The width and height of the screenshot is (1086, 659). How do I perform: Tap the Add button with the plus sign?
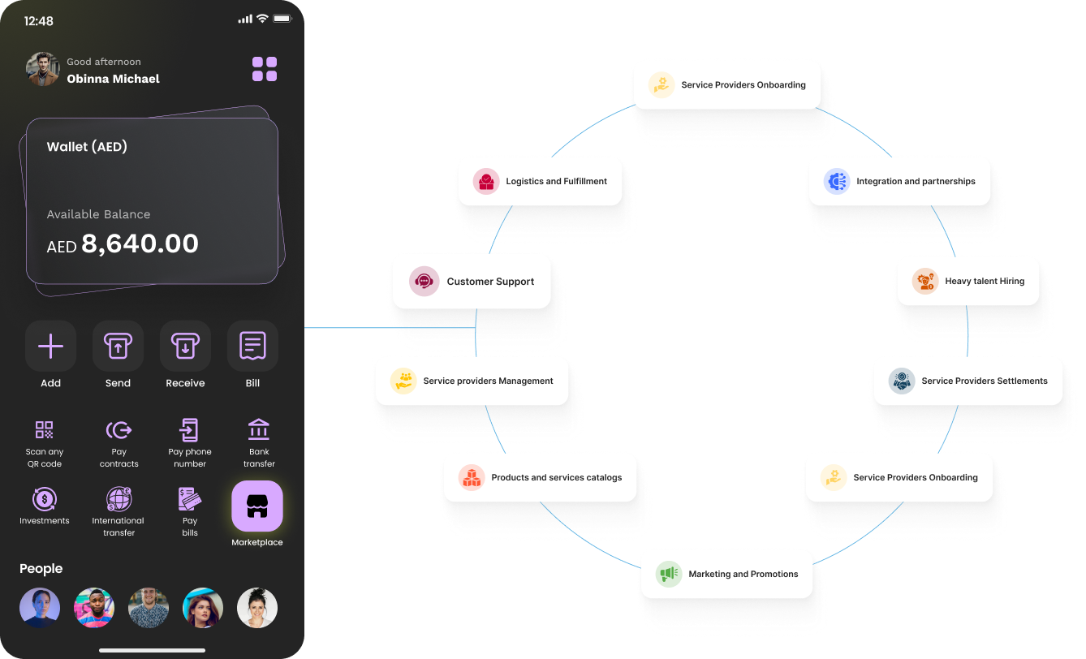(50, 347)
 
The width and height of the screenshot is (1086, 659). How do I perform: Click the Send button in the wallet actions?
(118, 347)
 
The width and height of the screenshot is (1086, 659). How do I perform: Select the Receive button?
(185, 347)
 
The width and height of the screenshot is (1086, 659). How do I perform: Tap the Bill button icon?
(252, 347)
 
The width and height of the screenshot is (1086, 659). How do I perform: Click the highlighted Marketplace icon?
(257, 506)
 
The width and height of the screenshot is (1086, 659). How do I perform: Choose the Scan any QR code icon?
(44, 430)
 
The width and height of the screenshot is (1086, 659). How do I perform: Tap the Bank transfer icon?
(259, 430)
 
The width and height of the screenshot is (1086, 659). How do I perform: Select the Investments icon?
(44, 498)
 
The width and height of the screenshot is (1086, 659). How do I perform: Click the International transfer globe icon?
(119, 498)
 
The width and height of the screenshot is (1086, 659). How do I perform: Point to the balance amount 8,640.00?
(140, 243)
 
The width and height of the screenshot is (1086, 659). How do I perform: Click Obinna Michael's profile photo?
(42, 70)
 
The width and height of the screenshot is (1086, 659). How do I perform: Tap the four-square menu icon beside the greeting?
(265, 69)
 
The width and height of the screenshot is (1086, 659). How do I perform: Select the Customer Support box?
(472, 282)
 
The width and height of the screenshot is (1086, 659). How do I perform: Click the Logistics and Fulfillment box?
(538, 181)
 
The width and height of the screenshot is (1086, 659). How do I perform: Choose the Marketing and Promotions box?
(726, 574)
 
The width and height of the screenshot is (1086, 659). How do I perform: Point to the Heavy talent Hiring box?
(967, 281)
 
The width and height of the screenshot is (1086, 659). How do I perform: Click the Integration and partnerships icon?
(836, 181)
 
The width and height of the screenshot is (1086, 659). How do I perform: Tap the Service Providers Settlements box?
(967, 381)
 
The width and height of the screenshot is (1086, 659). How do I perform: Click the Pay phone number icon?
(189, 430)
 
